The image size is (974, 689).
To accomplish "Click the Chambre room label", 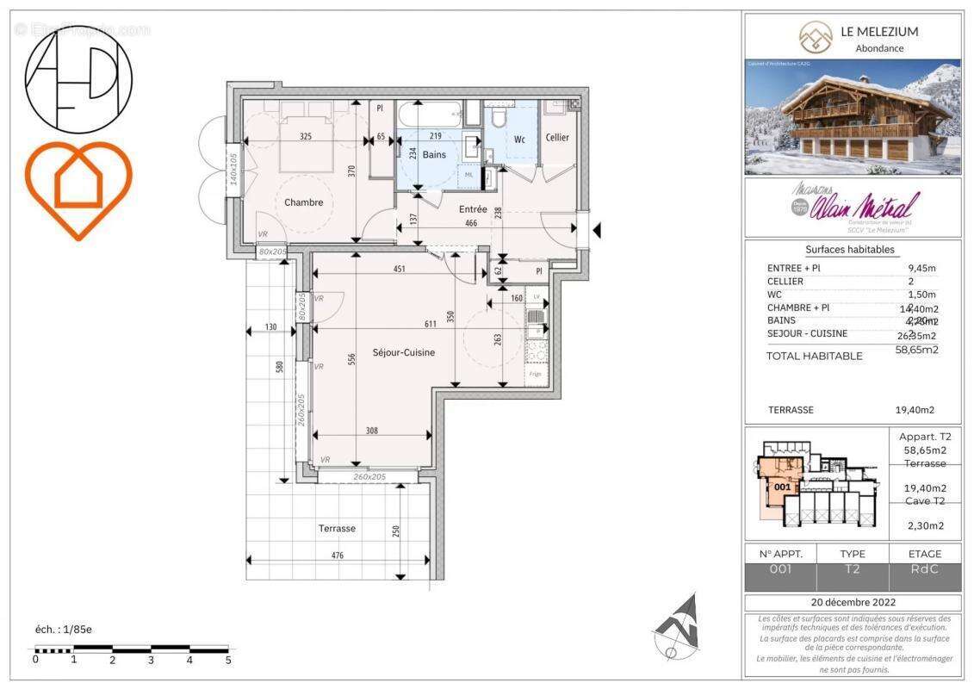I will (304, 202).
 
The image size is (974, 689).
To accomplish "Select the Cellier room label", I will (557, 138).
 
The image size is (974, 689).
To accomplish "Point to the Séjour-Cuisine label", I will (403, 352).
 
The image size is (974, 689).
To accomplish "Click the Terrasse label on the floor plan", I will (337, 529).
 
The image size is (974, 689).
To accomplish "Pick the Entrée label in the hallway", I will (473, 209).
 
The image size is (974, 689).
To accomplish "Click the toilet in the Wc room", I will (498, 119).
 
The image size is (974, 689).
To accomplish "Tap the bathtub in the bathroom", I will (428, 114).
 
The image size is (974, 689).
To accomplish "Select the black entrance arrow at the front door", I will (597, 230).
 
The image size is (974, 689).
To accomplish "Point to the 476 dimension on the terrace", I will (337, 556).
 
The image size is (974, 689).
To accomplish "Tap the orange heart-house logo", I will (78, 189).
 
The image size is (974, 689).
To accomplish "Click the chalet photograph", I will (853, 117).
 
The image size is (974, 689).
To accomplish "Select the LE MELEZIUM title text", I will (879, 32).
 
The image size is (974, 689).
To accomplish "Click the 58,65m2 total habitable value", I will (916, 350).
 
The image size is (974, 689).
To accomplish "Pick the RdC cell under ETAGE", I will (925, 569).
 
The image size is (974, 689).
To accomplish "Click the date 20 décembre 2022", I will (853, 602).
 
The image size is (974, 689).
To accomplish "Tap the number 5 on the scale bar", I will (227, 660).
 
